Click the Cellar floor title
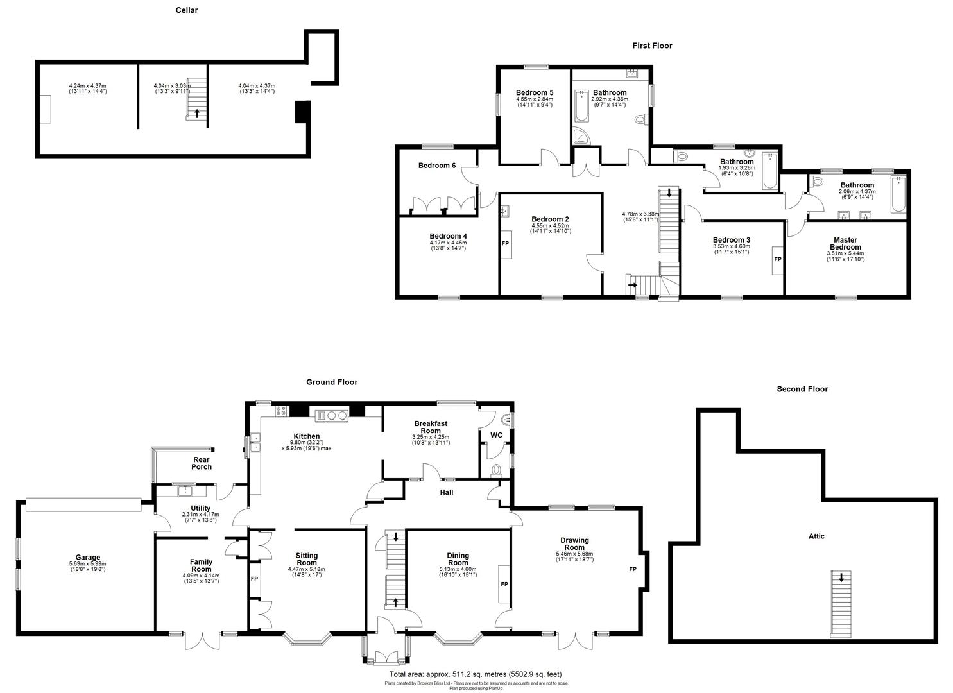[187, 10]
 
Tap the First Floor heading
[652, 46]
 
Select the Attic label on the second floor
[816, 536]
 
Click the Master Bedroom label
[845, 244]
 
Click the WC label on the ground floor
[496, 436]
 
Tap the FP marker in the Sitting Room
[254, 578]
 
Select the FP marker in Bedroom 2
[505, 244]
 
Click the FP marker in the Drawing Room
[633, 569]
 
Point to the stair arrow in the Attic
[841, 577]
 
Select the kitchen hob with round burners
[332, 415]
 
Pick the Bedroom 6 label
[437, 166]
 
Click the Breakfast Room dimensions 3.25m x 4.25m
[430, 438]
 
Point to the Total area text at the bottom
[475, 674]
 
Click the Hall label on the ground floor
[447, 492]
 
